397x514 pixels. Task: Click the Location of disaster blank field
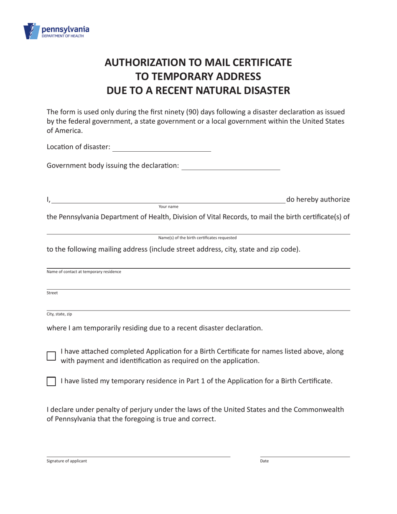[x=162, y=147]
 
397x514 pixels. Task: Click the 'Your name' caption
[x=168, y=206]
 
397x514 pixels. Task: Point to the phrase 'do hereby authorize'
[x=318, y=199]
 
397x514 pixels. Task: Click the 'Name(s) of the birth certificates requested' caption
[x=197, y=238]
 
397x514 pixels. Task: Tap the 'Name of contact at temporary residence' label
[x=84, y=272]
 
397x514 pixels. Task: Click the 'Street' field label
[x=52, y=293]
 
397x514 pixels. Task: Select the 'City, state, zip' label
[x=59, y=314]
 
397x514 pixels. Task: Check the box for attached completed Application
[x=51, y=356]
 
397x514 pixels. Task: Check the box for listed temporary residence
[x=51, y=381]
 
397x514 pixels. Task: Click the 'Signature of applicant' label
[x=67, y=461]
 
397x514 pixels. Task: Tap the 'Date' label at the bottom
[x=265, y=461]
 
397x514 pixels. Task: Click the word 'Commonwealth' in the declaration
[x=319, y=409]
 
